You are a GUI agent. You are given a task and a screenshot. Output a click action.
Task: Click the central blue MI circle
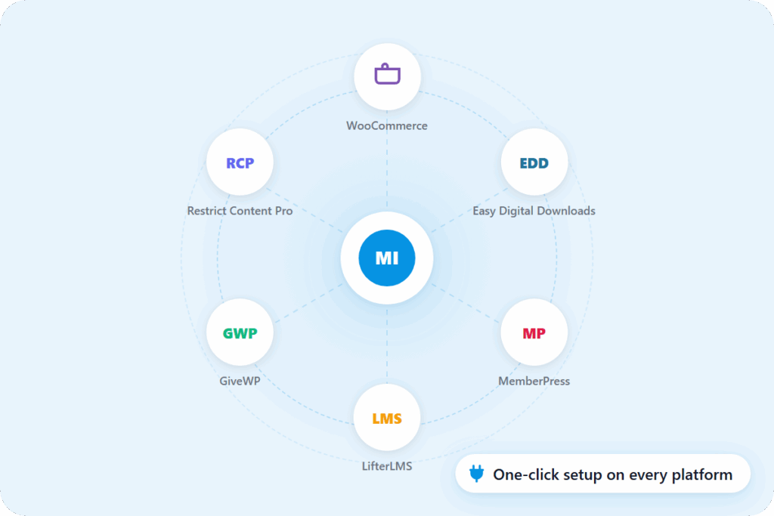387,258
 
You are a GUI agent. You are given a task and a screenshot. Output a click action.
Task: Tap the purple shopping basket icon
387,76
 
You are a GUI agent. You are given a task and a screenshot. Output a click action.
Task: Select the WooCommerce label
387,125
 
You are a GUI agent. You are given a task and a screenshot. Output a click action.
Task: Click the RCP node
240,162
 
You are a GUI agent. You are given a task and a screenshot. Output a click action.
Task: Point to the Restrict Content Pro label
240,211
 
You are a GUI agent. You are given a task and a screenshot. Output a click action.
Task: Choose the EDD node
534,162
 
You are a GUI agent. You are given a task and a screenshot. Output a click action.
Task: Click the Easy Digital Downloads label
534,211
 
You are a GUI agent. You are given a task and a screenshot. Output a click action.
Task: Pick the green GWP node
240,333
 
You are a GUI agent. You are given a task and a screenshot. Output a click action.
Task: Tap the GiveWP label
240,382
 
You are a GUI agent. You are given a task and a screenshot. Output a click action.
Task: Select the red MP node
534,333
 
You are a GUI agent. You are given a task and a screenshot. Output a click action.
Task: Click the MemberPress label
534,382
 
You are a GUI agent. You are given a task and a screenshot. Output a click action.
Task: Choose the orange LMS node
387,418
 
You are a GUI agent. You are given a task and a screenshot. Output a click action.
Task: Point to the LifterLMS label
387,466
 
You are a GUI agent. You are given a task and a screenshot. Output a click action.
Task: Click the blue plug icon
475,474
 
